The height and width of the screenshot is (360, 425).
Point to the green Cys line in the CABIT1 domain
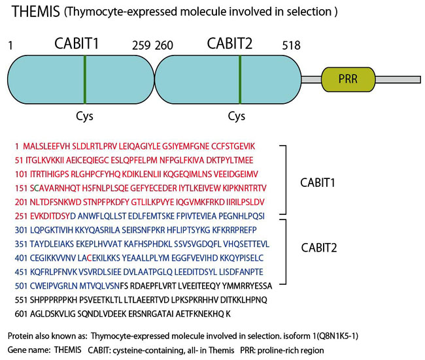85,79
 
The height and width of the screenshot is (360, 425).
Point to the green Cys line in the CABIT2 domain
240,79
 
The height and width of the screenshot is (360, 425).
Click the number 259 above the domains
141,46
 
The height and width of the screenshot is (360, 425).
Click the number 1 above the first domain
11,46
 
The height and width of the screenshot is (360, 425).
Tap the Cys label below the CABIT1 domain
85,116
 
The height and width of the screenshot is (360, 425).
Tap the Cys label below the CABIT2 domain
237,116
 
